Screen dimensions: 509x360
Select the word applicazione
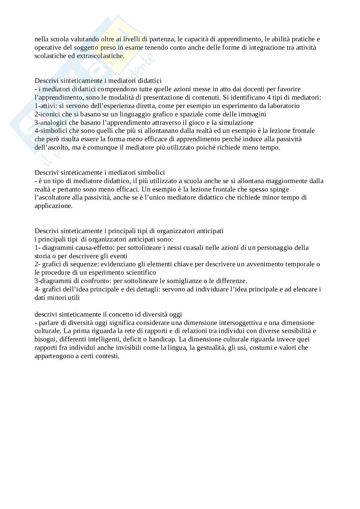coord(53,206)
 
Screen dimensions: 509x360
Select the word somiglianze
coord(189,281)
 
